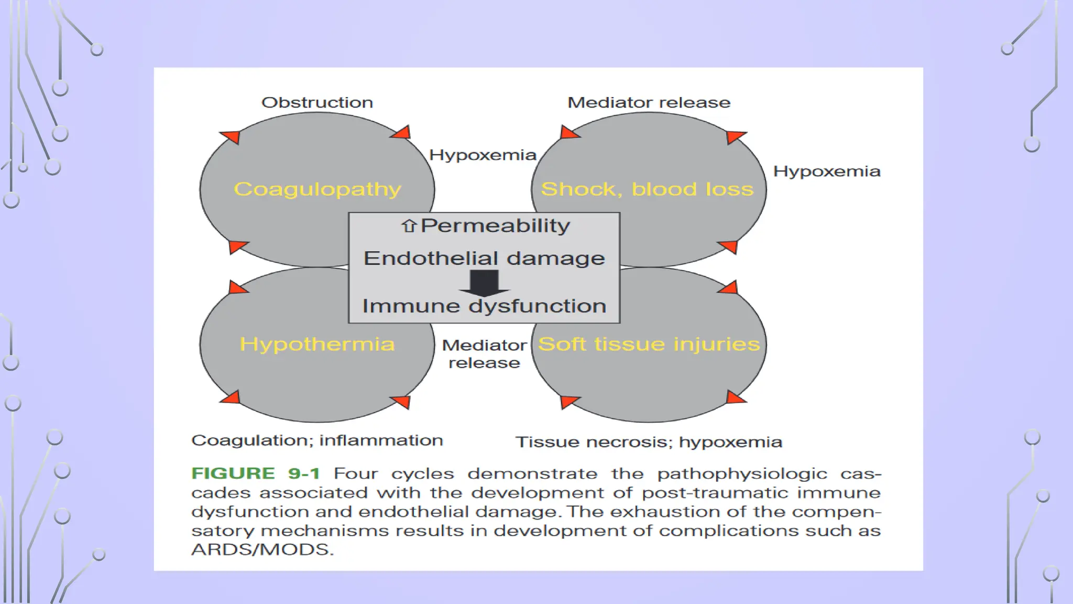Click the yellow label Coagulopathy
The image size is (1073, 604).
tap(317, 189)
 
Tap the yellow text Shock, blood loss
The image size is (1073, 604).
tap(647, 189)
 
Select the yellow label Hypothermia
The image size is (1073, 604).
tap(317, 344)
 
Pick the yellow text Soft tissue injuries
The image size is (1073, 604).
tap(649, 344)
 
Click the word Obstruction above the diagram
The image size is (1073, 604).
tap(317, 102)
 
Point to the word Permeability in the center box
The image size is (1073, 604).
tap(495, 225)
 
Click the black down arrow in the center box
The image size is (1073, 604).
tap(484, 283)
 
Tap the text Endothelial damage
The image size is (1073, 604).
tap(484, 258)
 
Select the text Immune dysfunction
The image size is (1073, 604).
tap(484, 306)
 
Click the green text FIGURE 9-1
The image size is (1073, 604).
tap(256, 473)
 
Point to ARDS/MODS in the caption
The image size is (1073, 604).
tap(262, 549)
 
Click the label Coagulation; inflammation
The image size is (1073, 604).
tap(317, 440)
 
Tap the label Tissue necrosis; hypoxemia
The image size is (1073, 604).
tap(649, 442)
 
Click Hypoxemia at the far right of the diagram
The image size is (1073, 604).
tap(827, 171)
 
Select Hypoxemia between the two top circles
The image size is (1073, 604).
tap(483, 155)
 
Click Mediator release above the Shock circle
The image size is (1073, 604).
tap(649, 102)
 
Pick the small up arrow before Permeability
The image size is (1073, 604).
tap(409, 225)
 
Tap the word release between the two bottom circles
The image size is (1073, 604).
tap(484, 363)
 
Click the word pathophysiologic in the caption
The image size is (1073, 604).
tap(742, 474)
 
